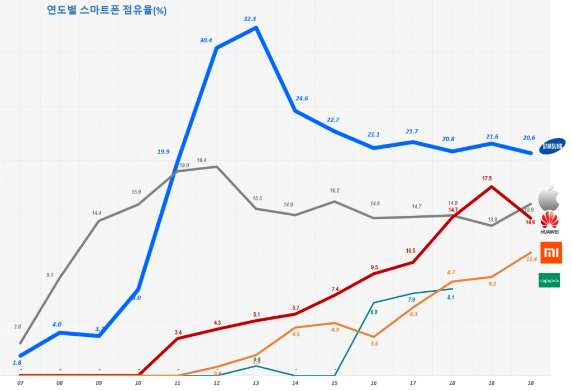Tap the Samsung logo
(551, 147)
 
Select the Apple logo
(548, 197)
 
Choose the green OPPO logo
(550, 280)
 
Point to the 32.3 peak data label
(250, 18)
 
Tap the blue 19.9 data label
(164, 151)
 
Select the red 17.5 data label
(487, 178)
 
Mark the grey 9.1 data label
(50, 274)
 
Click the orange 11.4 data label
(531, 259)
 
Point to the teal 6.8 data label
(374, 312)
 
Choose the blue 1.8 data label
(17, 363)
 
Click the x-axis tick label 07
(20, 383)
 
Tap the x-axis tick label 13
(256, 383)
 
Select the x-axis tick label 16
(374, 383)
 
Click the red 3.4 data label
(178, 332)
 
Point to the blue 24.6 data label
(302, 98)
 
